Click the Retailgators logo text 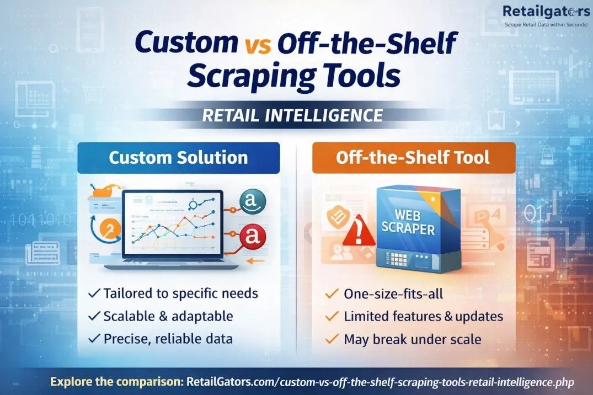pyautogui.click(x=546, y=12)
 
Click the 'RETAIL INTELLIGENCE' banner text pyautogui.click(x=292, y=115)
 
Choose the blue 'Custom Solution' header pyautogui.click(x=179, y=157)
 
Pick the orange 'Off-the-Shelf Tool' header pyautogui.click(x=414, y=157)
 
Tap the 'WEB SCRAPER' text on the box pyautogui.click(x=408, y=222)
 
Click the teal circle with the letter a pyautogui.click(x=253, y=201)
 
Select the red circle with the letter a pyautogui.click(x=253, y=237)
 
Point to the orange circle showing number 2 pyautogui.click(x=111, y=229)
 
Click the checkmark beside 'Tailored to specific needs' pyautogui.click(x=94, y=293)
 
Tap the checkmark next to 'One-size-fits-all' pyautogui.click(x=332, y=293)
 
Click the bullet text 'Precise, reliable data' pyautogui.click(x=168, y=339)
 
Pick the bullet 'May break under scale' pyautogui.click(x=413, y=339)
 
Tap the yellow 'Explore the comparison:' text pyautogui.click(x=117, y=381)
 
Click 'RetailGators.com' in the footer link pyautogui.click(x=232, y=381)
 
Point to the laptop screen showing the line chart pyautogui.click(x=173, y=223)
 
